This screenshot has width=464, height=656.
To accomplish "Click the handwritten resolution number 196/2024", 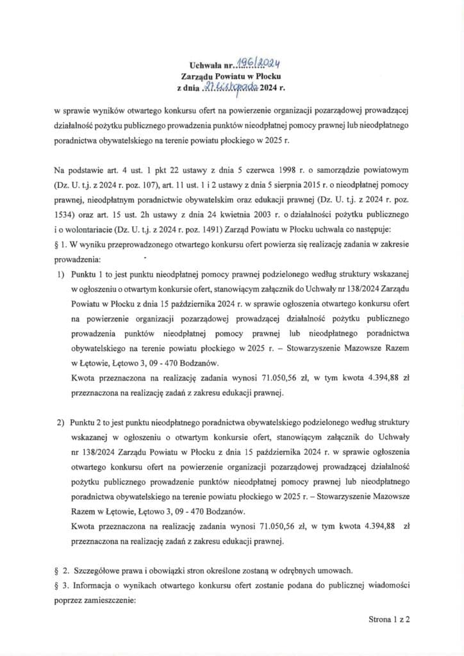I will pos(260,62).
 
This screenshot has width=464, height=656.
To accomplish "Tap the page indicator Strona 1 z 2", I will pos(389,619).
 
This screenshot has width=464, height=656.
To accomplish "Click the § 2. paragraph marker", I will pos(62,570).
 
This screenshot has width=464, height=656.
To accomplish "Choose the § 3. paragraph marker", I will pos(62,586).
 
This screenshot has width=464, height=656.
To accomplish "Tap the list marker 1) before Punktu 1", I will pos(61,275).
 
